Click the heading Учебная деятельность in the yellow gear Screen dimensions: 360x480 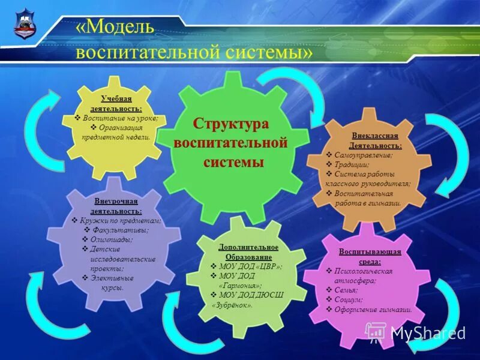click(x=116, y=103)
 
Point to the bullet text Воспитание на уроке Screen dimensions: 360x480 click(x=120, y=118)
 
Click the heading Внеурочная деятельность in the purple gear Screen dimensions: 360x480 click(x=116, y=206)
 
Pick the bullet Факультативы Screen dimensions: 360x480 click(x=121, y=230)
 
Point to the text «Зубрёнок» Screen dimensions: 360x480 click(x=232, y=305)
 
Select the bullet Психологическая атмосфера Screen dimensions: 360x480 click(x=367, y=275)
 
